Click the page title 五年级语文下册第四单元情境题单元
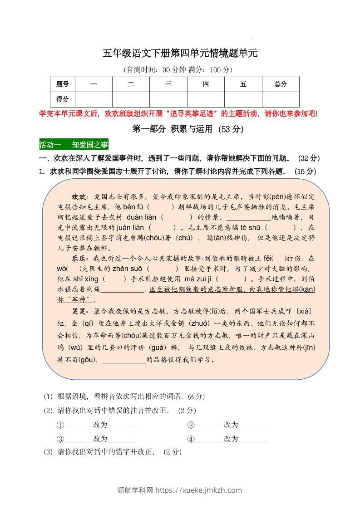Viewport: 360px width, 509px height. pos(180,54)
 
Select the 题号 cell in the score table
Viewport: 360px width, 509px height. pos(63,84)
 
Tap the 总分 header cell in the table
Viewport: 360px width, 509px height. pos(281,84)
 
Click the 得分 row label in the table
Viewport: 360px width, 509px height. pos(63,99)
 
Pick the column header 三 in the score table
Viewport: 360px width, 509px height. pos(168,84)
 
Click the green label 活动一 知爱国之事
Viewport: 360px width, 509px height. pos(74,145)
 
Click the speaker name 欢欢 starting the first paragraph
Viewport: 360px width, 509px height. pos(80,197)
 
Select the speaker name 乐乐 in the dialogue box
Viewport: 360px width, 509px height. pos(80,258)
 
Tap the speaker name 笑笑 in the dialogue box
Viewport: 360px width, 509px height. pos(80,312)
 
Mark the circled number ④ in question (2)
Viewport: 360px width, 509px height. pos(191,439)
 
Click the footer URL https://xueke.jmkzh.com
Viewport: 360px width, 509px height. pos(198,490)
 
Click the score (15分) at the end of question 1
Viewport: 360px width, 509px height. pos(305,171)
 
